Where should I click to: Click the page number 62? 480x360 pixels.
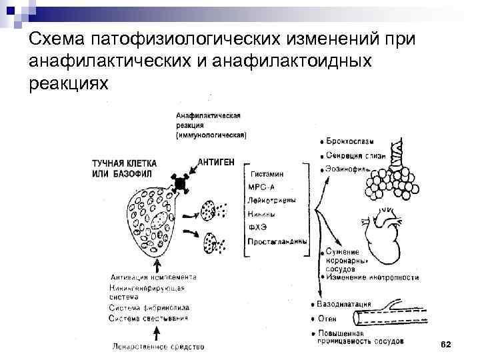pyautogui.click(x=446, y=343)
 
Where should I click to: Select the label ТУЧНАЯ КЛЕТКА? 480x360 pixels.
pyautogui.click(x=125, y=163)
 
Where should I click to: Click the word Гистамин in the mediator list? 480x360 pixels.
pyautogui.click(x=267, y=173)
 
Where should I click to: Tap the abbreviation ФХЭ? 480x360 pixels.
pyautogui.click(x=257, y=227)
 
